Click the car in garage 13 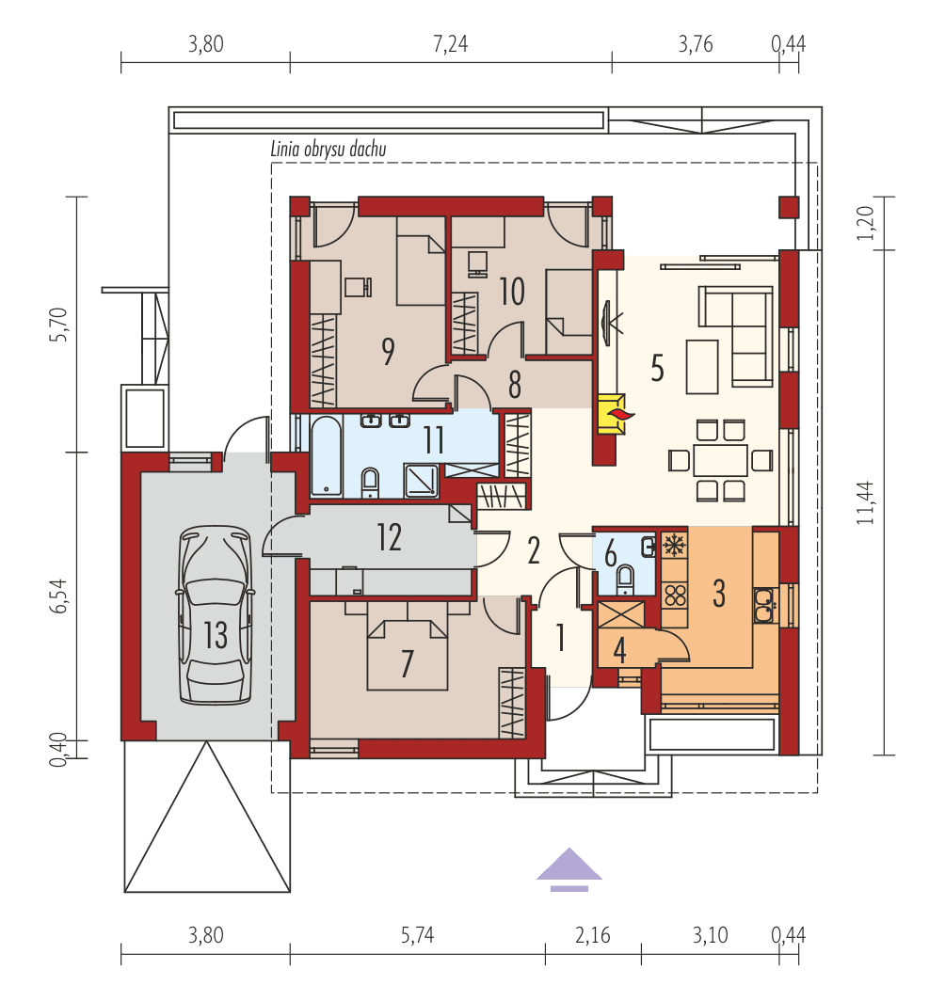coord(216,615)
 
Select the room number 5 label coord(657,368)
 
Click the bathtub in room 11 coord(326,455)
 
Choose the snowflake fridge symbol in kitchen coord(674,545)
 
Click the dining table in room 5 coord(720,460)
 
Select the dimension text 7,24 coord(451,44)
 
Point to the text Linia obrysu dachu coord(328,148)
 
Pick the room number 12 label coord(389,537)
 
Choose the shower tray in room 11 coord(421,479)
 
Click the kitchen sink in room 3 coord(763,604)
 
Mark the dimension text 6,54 coord(60,596)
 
